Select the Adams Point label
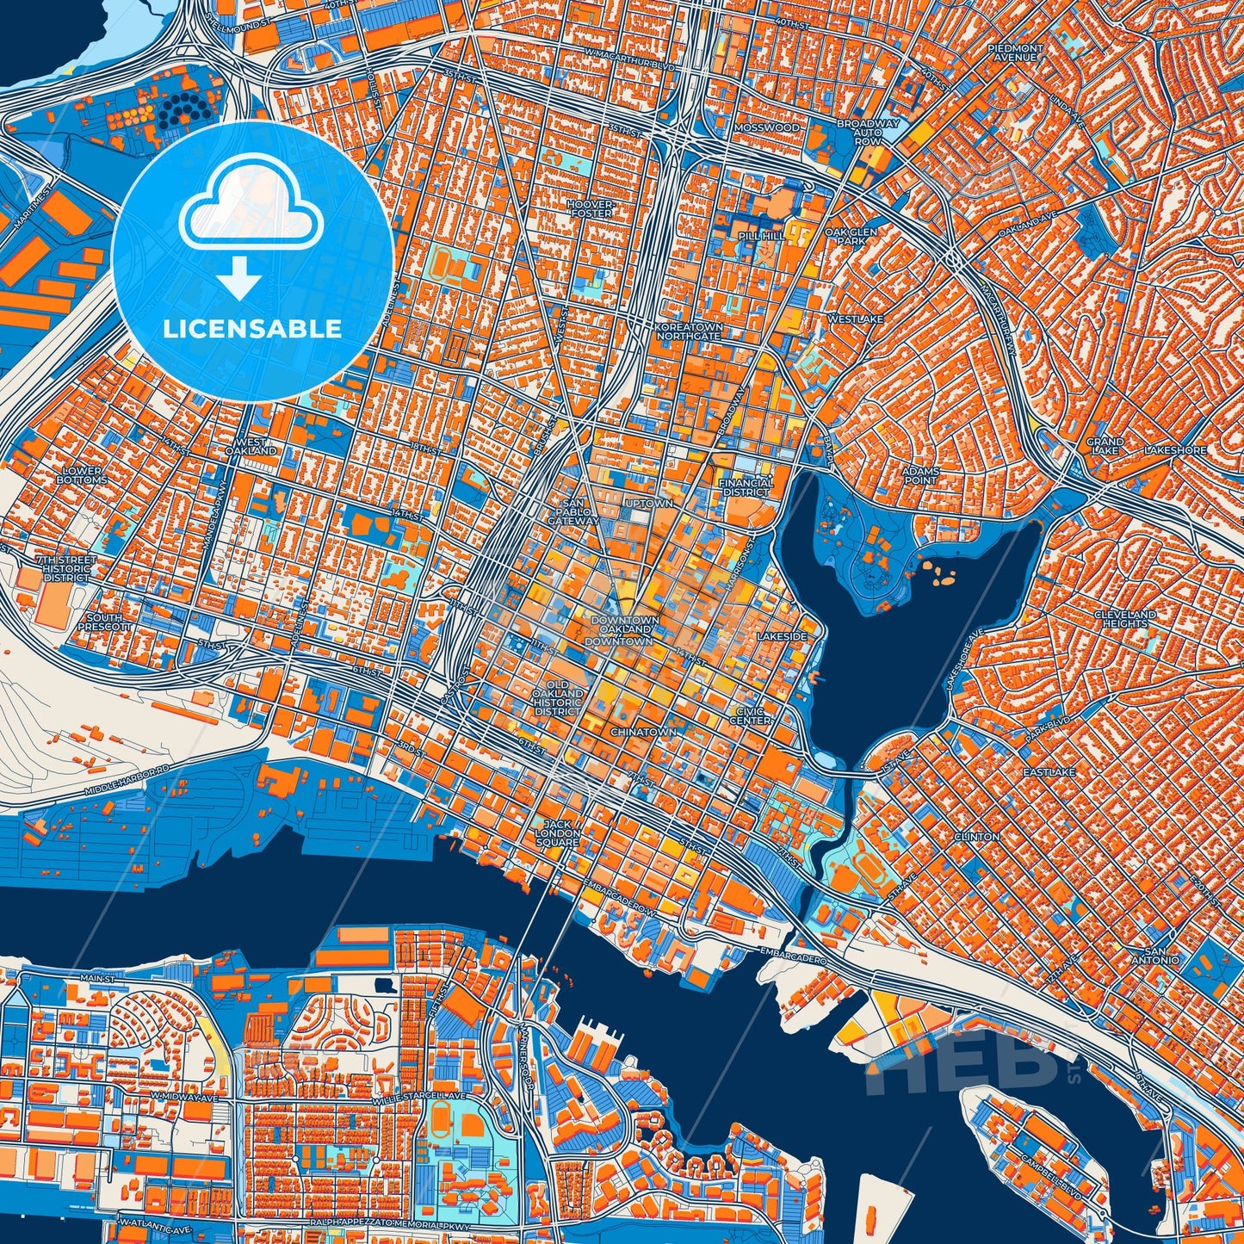pyautogui.click(x=919, y=476)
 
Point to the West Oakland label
pyautogui.click(x=251, y=446)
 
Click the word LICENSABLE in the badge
pyautogui.click(x=252, y=329)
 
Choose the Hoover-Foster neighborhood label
pyautogui.click(x=591, y=207)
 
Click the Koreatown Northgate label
pyautogui.click(x=688, y=331)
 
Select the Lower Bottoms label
pyautogui.click(x=83, y=475)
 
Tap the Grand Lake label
pyautogui.click(x=1105, y=446)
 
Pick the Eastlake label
pyautogui.click(x=1049, y=772)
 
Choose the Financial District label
pyautogui.click(x=746, y=487)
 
